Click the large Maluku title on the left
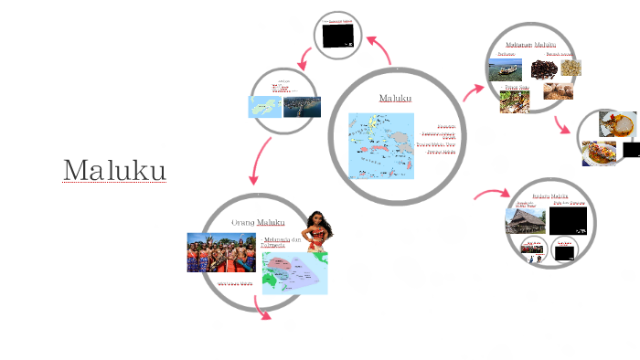click(x=114, y=170)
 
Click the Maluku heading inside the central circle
click(x=395, y=98)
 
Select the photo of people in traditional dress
click(x=220, y=252)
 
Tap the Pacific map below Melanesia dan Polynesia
click(x=293, y=273)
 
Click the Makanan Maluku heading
click(x=530, y=44)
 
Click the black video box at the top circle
click(x=337, y=34)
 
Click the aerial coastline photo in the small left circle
click(x=302, y=106)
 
